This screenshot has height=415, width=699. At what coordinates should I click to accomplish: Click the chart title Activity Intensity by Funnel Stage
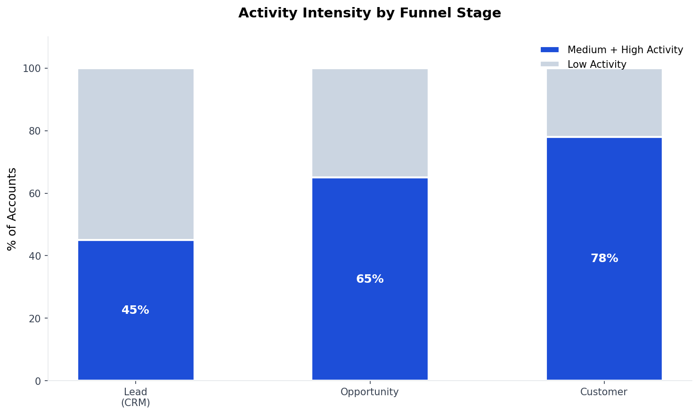click(x=369, y=13)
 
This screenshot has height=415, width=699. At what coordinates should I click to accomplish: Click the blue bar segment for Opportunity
click(x=370, y=320)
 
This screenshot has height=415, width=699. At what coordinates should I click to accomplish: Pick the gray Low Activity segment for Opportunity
click(x=370, y=123)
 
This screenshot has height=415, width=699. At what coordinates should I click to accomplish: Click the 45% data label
click(x=135, y=311)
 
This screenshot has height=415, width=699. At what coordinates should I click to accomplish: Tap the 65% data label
click(x=370, y=279)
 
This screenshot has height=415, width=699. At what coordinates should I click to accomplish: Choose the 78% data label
click(x=604, y=258)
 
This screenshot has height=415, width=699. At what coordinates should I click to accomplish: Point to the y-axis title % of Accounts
click(x=12, y=209)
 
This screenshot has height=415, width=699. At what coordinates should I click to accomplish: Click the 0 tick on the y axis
click(x=38, y=381)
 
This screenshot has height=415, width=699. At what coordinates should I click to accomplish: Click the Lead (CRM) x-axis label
click(x=136, y=397)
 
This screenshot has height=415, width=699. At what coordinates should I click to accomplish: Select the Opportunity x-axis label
click(x=370, y=392)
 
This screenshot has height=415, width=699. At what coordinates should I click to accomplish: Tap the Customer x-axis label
click(x=604, y=392)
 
